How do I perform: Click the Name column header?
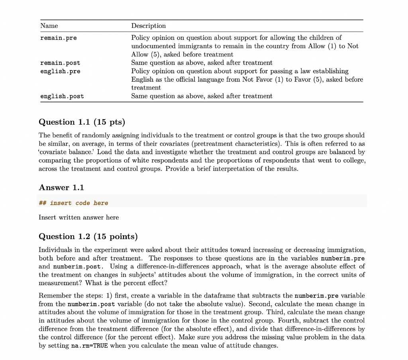point(49,26)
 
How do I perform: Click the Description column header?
point(148,26)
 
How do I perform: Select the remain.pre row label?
point(59,38)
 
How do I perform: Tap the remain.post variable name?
point(60,63)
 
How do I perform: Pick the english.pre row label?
point(60,71)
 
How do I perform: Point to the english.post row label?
point(62,96)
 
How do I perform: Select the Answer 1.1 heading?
point(61,188)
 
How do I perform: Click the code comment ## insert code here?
point(73,203)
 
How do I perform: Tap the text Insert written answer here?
point(78,217)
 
